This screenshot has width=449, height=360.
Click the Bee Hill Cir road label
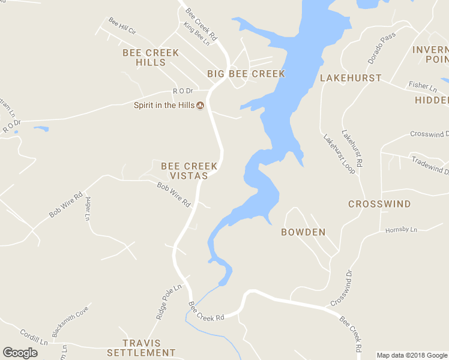(122, 25)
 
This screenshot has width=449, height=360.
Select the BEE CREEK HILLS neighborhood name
(151, 58)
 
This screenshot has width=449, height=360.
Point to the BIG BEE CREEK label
(246, 74)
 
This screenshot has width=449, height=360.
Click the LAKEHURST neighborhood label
(351, 78)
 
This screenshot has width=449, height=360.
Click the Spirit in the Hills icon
(200, 106)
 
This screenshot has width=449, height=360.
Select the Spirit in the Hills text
(164, 106)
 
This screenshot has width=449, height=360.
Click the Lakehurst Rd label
(352, 148)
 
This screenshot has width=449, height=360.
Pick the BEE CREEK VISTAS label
(184, 170)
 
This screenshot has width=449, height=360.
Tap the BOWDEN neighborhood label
(303, 232)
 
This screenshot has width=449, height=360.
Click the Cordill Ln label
(33, 336)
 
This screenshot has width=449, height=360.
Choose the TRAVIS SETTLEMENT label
(141, 347)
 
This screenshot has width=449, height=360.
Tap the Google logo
(20, 353)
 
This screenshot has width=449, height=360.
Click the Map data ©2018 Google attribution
(411, 355)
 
